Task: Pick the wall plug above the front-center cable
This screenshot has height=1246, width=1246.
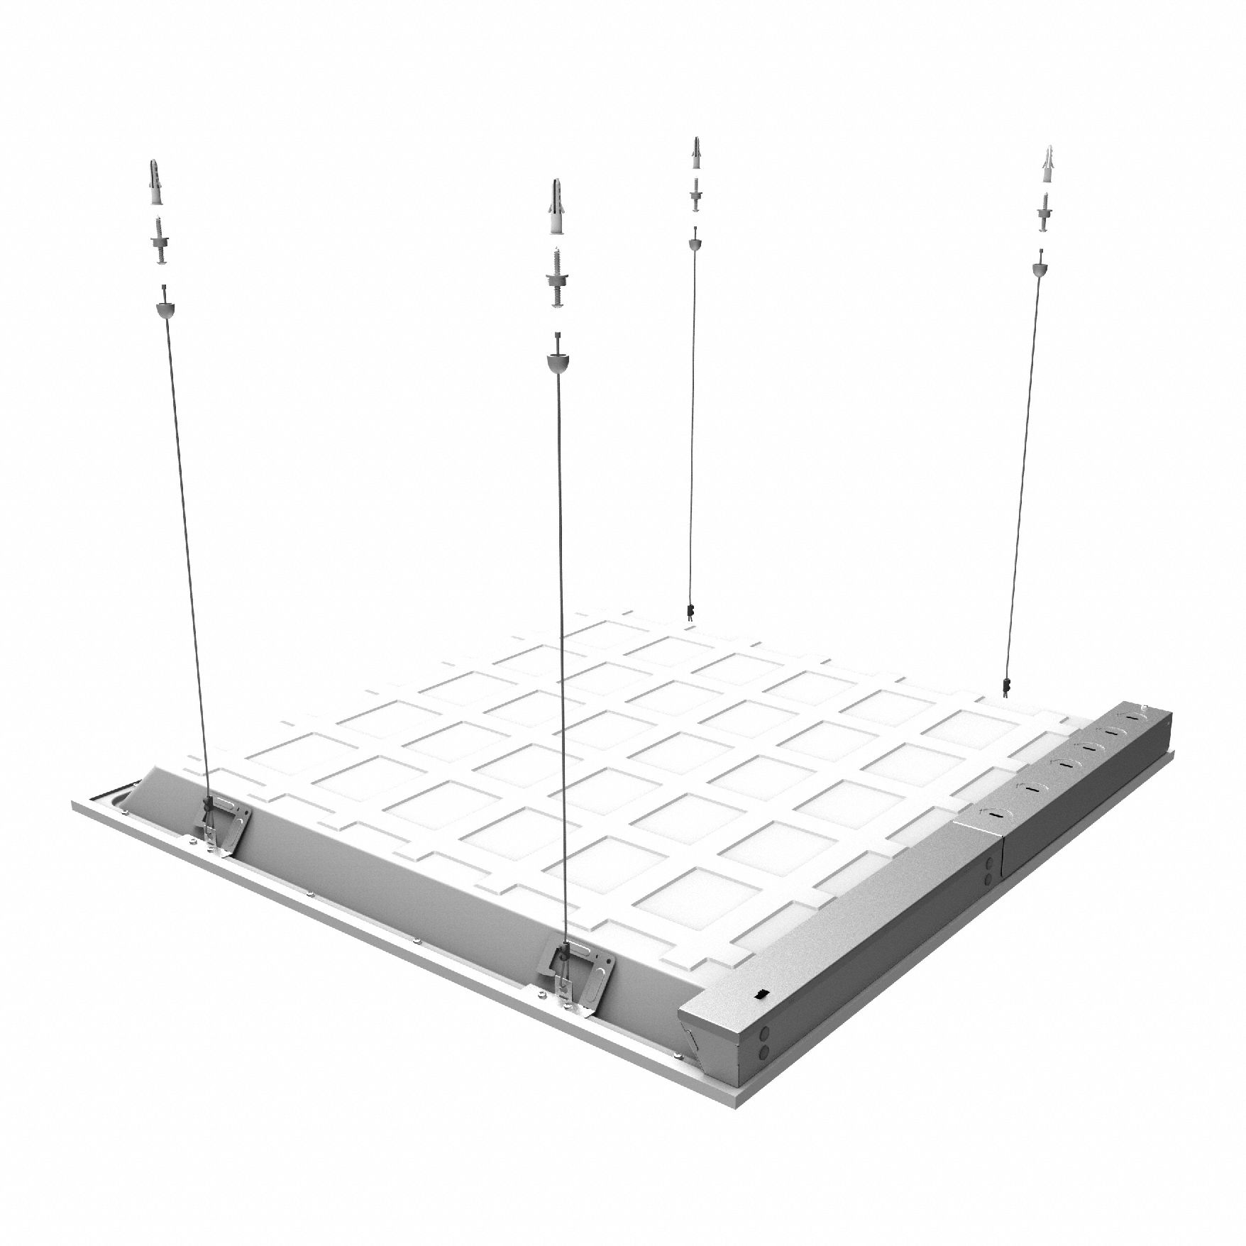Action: click(x=556, y=209)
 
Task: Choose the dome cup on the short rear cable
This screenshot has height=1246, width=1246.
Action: click(x=695, y=243)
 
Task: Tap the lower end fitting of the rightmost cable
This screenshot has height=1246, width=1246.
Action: click(x=1005, y=685)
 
